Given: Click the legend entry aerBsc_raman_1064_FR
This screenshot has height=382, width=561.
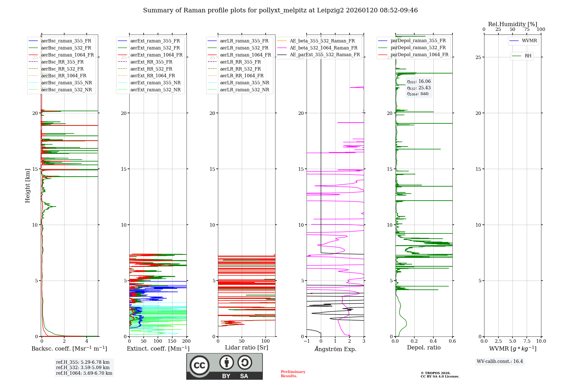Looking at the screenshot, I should (67, 55).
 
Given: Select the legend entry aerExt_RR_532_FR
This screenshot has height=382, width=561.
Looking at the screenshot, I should (151, 69).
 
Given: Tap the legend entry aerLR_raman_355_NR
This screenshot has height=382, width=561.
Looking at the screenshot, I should (244, 83).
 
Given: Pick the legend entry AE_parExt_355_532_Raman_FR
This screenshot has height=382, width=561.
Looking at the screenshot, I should (325, 55).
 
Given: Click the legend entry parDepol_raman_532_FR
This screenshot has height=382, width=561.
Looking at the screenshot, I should (418, 48).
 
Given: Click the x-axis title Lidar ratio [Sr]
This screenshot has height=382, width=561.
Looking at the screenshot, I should (247, 348).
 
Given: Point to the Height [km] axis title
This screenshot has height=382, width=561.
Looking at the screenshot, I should (27, 186).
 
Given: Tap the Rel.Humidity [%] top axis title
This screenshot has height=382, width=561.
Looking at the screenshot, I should (512, 24).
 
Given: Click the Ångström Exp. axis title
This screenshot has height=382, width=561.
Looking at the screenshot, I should (335, 349).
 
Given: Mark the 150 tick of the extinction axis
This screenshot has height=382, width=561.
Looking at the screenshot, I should (172, 341).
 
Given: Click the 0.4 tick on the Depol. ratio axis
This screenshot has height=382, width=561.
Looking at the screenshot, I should (433, 341).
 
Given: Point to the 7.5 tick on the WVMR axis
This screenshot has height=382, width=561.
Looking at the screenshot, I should (527, 341).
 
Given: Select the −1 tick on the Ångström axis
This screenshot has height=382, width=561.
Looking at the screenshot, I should (307, 341).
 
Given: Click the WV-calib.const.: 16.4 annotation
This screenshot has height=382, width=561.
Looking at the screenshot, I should (500, 361).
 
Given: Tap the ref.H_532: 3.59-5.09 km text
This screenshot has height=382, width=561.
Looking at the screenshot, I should (83, 368).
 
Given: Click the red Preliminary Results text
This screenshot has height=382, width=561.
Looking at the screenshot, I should (293, 374).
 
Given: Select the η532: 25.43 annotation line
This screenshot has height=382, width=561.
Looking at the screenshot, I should (419, 88).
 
